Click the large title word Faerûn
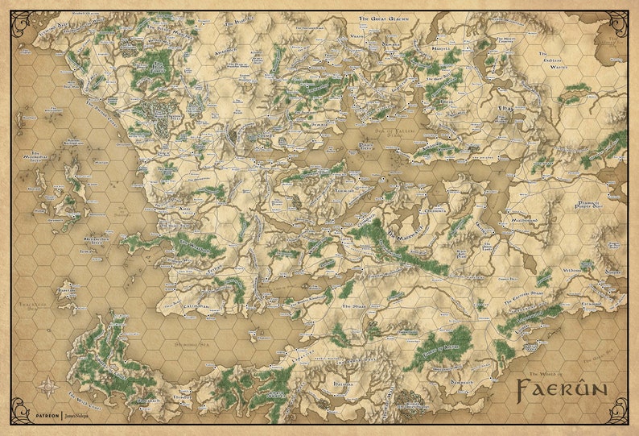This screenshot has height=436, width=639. (x=562, y=392)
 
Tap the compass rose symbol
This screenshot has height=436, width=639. (x=47, y=385)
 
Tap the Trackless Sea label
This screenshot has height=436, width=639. (x=28, y=306)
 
